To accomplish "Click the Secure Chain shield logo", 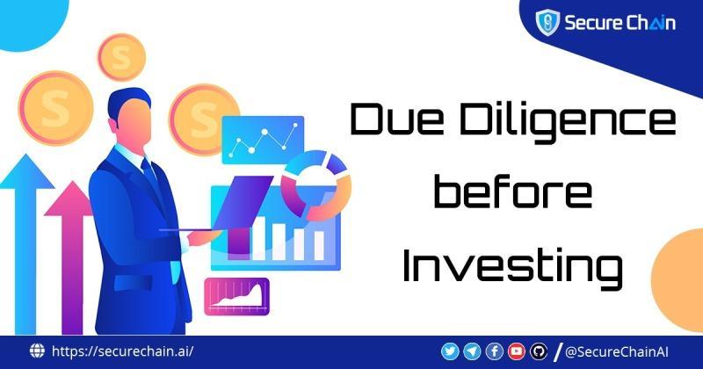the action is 547,22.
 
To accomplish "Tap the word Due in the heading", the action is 395,119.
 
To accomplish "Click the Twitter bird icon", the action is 450,351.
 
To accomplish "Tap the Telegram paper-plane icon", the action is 472,351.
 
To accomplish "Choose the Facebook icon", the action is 495,351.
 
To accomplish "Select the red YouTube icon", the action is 517,351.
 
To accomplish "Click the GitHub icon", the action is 539,351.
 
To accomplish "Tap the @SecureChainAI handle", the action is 617,352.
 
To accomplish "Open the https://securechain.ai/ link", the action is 123,351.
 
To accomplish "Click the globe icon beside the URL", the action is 37,351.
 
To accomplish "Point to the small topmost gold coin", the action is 121,57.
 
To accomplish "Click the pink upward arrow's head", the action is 69,199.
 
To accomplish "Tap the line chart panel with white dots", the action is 263,140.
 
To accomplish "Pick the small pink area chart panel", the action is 237,296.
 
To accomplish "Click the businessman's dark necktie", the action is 149,172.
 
